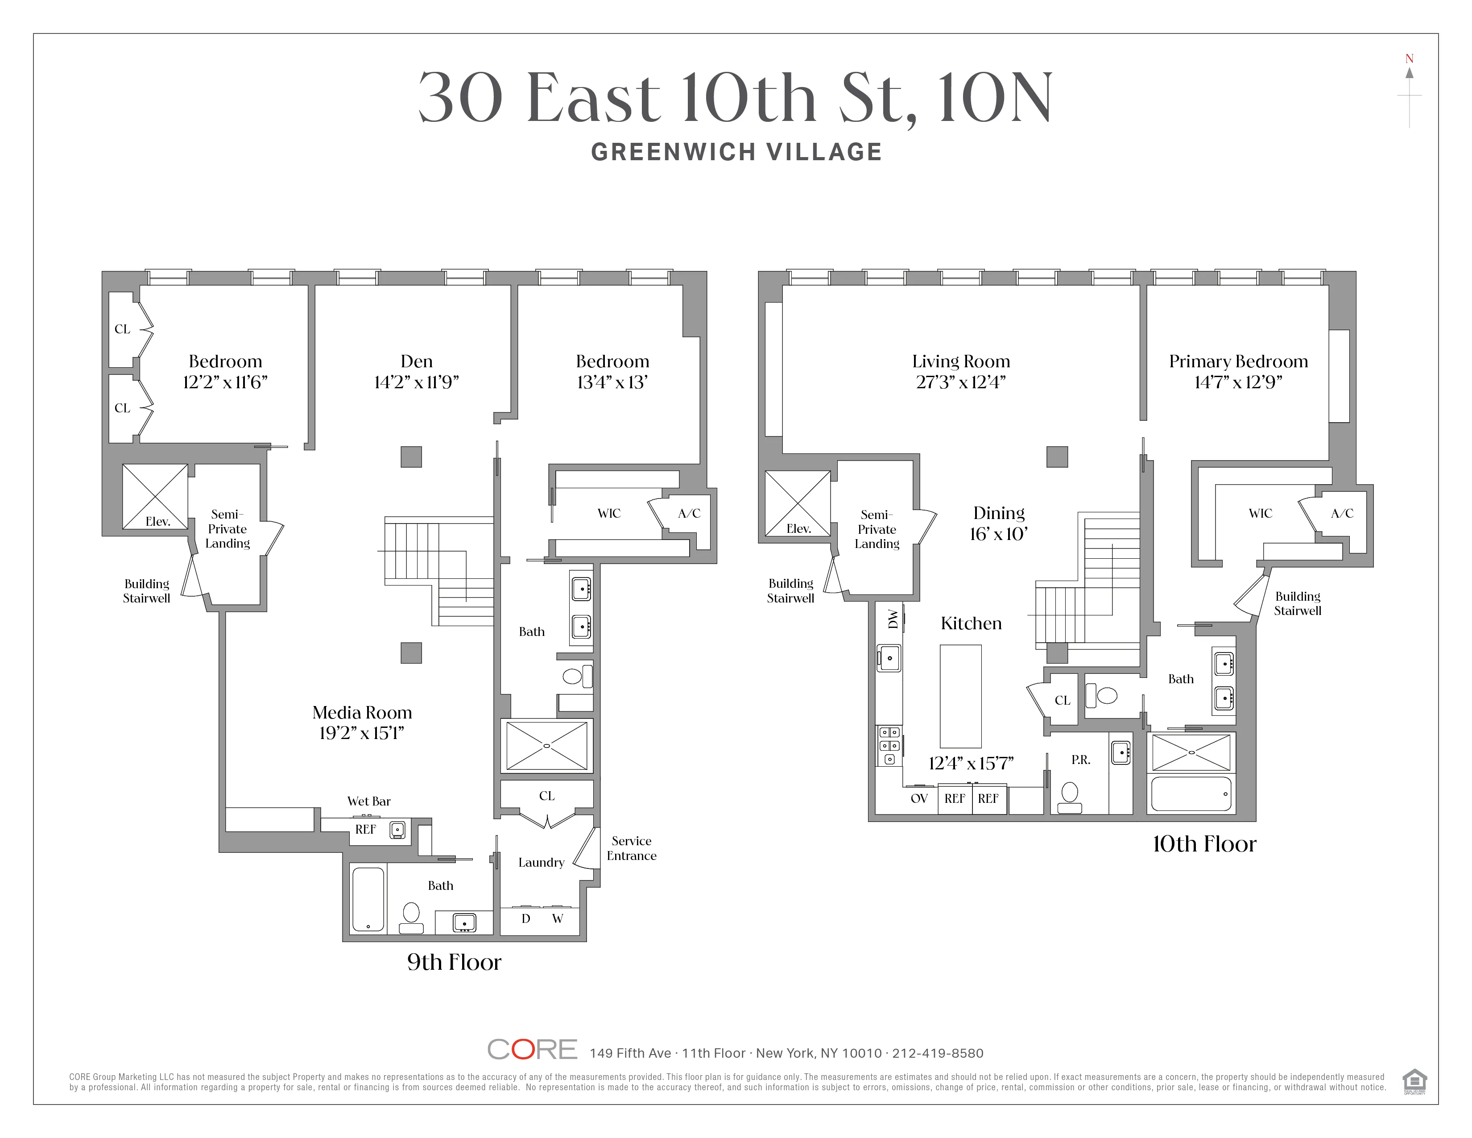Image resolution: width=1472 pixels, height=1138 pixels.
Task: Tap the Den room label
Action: click(417, 361)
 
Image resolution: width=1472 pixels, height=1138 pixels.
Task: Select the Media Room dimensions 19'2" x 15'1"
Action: click(362, 733)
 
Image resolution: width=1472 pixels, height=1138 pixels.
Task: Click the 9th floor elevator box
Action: click(155, 496)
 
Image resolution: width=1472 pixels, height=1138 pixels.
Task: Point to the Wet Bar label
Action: click(369, 801)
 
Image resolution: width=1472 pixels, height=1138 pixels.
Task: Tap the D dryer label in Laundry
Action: click(526, 919)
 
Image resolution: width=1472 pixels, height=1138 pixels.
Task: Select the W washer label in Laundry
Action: click(558, 919)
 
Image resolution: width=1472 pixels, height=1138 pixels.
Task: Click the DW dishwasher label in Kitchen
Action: click(893, 619)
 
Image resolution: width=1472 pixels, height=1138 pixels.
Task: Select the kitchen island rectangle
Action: click(960, 694)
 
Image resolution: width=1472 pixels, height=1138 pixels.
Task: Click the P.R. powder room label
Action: click(1080, 760)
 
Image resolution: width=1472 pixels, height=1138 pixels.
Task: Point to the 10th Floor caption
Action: click(1204, 844)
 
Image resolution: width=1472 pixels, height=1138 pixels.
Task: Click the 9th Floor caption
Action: click(454, 962)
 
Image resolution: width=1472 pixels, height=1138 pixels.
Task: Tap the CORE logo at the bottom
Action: click(532, 1049)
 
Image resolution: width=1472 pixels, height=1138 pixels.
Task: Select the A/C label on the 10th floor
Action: click(1342, 513)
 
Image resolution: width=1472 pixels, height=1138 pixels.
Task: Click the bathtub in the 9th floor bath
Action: click(368, 899)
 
